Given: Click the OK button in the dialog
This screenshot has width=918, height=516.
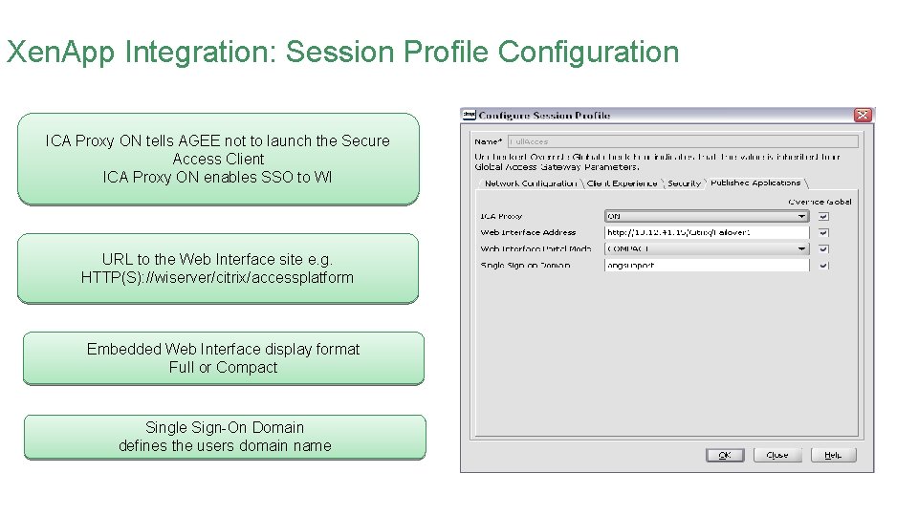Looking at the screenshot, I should point(725,455).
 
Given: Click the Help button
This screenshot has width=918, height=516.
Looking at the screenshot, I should point(833,455).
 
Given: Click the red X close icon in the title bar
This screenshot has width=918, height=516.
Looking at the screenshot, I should point(863,115).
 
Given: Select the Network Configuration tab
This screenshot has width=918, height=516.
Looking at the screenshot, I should point(530,183).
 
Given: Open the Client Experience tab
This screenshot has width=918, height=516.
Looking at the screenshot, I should point(622,183).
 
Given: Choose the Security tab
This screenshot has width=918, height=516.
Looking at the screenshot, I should point(684,183).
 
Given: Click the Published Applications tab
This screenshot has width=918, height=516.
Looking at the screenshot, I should point(755,183).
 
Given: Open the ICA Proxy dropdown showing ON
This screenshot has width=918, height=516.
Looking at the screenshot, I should point(708,216).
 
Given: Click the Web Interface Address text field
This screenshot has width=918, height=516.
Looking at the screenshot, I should point(708,232).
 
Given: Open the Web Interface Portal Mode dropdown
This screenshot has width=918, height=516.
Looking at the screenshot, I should point(708,248).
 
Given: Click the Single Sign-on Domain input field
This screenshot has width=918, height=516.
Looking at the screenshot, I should point(708,265).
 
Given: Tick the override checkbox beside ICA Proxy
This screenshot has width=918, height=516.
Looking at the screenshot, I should point(823,216).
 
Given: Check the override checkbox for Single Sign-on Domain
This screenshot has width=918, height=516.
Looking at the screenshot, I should point(823,265).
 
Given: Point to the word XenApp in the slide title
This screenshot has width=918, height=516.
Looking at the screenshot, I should point(61,52).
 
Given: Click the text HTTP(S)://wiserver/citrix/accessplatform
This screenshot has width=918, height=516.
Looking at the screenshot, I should point(217,278).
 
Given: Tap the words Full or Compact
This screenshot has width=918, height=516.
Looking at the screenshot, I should point(223,367).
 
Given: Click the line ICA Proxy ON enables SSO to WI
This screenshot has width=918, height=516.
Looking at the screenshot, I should point(217,177).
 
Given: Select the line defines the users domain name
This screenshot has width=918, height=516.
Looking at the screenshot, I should point(225,445).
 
